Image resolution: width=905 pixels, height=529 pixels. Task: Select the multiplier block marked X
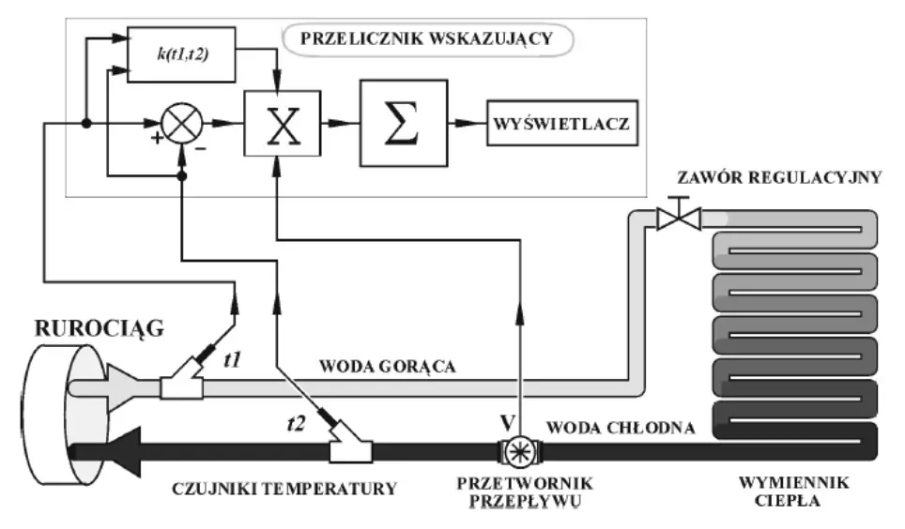click(281, 123)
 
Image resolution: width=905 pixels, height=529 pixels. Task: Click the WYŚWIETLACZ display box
click(561, 123)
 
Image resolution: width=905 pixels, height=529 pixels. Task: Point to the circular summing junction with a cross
click(182, 123)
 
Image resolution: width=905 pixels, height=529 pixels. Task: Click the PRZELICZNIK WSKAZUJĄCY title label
click(428, 41)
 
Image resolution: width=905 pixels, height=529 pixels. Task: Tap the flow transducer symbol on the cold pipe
click(517, 450)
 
